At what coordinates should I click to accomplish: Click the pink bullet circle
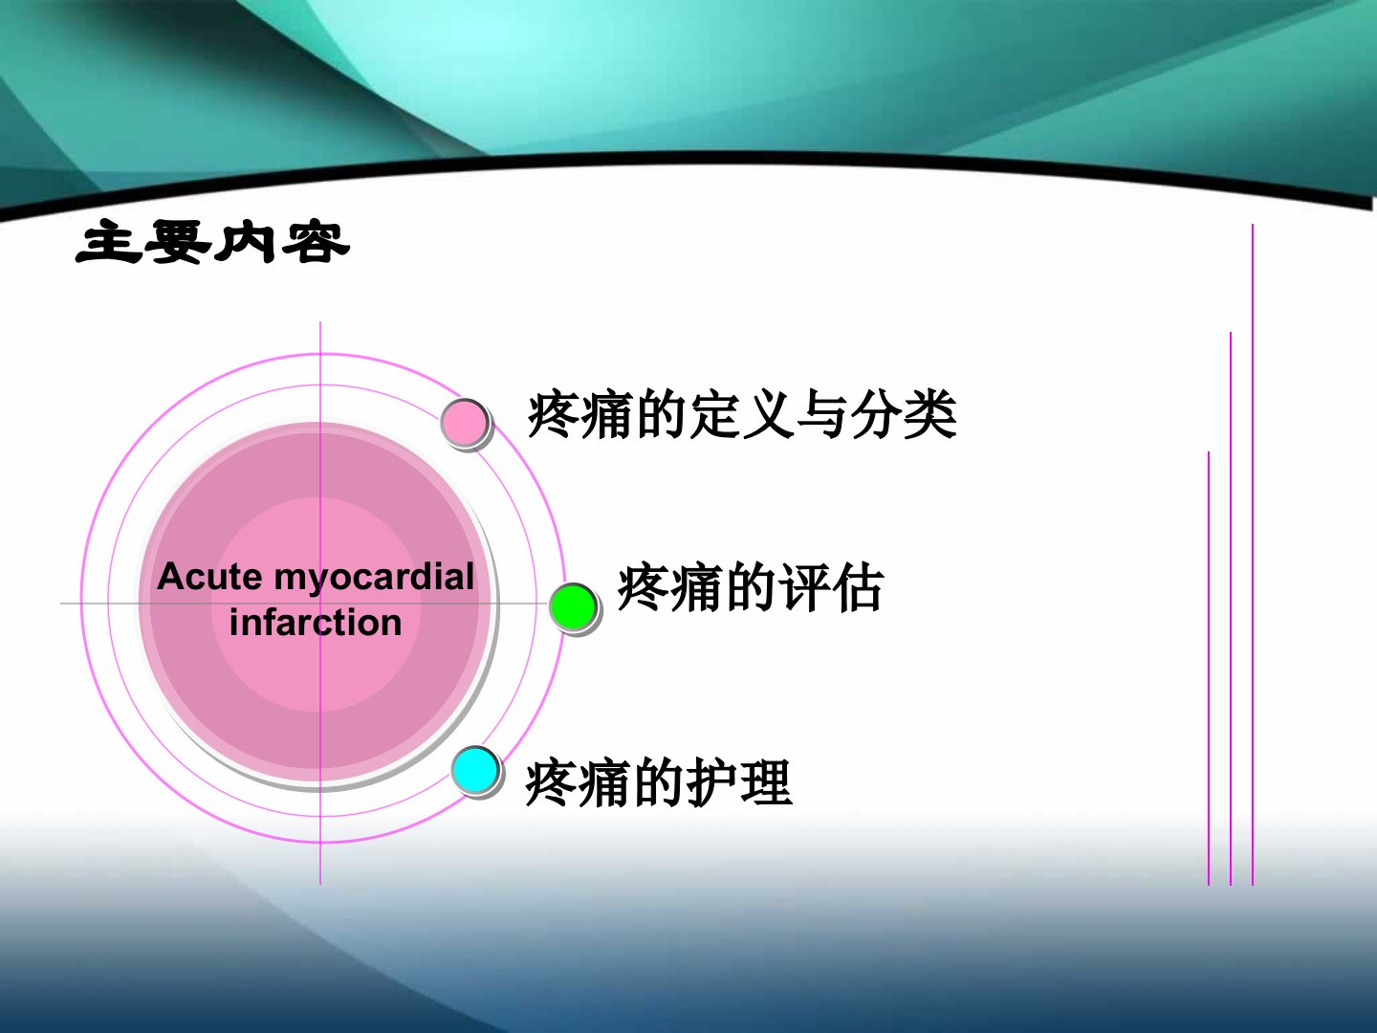coord(464,422)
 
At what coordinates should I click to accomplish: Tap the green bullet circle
coord(573,606)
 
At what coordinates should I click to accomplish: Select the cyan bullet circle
coord(475,770)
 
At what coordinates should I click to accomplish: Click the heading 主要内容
coord(212,241)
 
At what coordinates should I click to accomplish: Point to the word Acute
coord(209,577)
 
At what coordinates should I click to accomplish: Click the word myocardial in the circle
coord(375,578)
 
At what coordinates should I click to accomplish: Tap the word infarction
coord(316,622)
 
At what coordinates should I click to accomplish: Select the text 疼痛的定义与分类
coord(742,414)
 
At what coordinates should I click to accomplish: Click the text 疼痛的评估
coord(751,587)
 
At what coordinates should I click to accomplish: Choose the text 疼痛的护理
coord(659,781)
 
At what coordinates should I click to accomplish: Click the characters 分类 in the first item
coord(904,414)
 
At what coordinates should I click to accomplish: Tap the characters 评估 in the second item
coord(831,587)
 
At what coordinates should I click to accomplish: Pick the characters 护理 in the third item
coord(739,781)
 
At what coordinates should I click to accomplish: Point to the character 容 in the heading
coord(317,241)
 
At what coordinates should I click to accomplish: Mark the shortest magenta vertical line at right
coord(1209,668)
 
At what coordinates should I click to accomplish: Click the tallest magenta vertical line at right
coord(1253,555)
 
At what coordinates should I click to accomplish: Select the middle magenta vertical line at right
coord(1231,608)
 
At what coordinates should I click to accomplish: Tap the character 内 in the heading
coord(246,241)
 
